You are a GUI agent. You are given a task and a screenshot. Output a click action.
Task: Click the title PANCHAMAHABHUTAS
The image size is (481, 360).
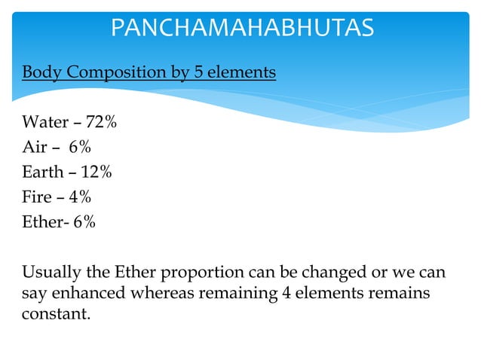[x=242, y=28]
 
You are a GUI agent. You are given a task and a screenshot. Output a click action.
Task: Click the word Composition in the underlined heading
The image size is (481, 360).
[x=112, y=73]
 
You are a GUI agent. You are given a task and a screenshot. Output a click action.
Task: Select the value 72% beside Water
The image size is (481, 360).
[x=101, y=122]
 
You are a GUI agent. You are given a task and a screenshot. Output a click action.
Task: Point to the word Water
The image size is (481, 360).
[x=45, y=122]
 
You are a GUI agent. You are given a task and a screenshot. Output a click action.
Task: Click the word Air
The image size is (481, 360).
[x=35, y=147]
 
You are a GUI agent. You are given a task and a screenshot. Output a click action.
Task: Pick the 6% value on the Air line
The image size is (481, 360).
[x=79, y=147]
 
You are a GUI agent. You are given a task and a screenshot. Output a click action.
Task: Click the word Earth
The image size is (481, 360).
[x=42, y=172]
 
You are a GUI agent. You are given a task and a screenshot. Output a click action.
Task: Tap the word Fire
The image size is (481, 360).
[x=38, y=197]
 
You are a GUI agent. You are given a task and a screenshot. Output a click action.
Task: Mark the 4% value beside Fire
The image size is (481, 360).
[x=77, y=197]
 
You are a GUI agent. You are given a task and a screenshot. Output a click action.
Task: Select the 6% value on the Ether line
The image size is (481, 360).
[x=84, y=223]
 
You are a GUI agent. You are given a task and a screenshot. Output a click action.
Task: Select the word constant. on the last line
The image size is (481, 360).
[x=56, y=313]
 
